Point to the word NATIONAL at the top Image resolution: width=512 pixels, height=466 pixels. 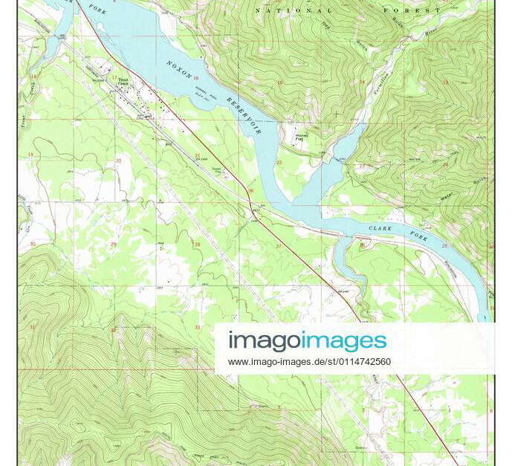(x=294, y=10)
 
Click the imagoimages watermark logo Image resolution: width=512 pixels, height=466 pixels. (x=308, y=341)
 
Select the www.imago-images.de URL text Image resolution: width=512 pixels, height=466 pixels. (x=309, y=362)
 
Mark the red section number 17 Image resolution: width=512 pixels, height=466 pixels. (x=114, y=77)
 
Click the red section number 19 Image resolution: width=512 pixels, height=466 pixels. (x=30, y=154)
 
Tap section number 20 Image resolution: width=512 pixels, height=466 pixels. (x=118, y=161)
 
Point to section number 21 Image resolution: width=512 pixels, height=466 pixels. (x=197, y=155)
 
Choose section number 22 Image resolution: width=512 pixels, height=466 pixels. (x=279, y=162)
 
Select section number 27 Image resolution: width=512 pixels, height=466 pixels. (x=279, y=246)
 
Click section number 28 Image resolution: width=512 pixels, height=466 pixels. (x=197, y=244)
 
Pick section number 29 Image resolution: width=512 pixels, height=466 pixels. (x=114, y=243)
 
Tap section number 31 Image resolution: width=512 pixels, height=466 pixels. (x=32, y=326)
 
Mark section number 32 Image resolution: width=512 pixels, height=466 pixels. (x=114, y=329)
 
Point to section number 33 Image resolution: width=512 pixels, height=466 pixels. (x=197, y=327)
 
